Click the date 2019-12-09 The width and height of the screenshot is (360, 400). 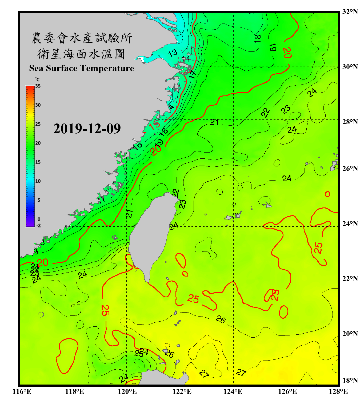click(87, 129)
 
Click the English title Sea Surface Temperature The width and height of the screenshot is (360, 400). click(82, 68)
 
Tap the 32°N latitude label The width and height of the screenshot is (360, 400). click(350, 12)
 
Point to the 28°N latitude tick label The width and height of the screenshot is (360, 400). click(350, 122)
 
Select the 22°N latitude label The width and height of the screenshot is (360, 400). click(350, 279)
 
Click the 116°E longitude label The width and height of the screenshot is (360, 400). click(22, 391)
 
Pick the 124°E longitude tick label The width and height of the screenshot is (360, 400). click(233, 391)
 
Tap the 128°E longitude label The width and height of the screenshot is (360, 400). click(338, 391)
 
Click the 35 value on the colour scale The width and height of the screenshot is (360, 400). click(38, 86)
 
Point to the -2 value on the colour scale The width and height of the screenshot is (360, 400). click(38, 225)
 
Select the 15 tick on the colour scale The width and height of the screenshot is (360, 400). click(38, 162)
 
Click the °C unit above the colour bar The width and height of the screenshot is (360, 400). click(37, 79)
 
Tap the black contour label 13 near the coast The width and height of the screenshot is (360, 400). click(173, 53)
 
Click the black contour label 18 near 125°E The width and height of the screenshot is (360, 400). click(257, 38)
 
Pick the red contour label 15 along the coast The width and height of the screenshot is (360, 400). click(154, 125)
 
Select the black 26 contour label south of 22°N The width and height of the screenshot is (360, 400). click(221, 319)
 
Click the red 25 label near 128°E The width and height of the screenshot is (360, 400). click(318, 248)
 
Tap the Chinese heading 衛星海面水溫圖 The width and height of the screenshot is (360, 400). click(81, 54)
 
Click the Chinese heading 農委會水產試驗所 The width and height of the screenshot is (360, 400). click(81, 38)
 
